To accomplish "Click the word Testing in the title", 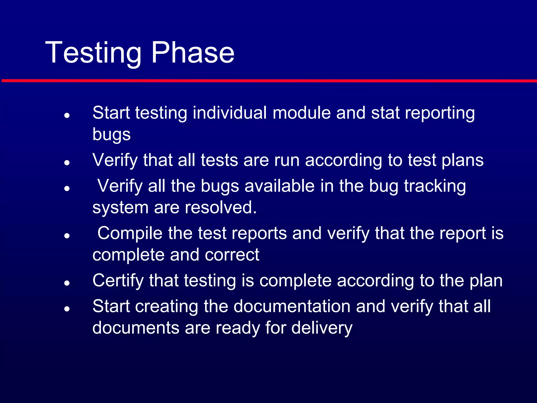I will pos(93,52).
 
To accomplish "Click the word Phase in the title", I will pos(193,52).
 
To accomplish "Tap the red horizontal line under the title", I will pos(268,81).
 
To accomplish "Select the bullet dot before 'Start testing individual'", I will pos(67,115).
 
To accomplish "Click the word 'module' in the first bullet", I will pos(302,113).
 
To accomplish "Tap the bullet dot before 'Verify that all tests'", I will pos(67,162).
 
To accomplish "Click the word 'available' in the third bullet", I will pos(280,186).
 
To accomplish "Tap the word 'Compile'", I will pos(130,234).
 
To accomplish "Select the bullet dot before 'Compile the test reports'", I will pos(67,236).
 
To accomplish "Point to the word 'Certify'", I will pos(118,281).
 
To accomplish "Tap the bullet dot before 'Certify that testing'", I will pos(67,283).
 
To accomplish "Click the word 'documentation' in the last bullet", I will pos(292,306).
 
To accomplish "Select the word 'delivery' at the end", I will pos(322,328).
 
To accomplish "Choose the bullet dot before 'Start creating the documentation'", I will pos(67,309).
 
